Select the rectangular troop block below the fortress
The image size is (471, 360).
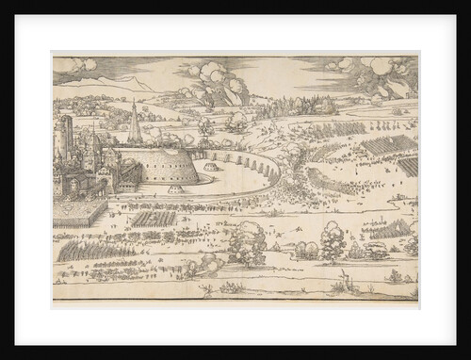pos(154,219)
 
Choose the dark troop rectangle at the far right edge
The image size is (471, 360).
pos(409,166)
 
